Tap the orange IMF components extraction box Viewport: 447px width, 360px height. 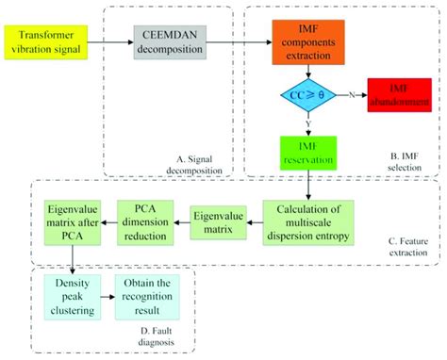pyautogui.click(x=310, y=42)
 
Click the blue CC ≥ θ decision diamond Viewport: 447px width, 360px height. pyautogui.click(x=310, y=97)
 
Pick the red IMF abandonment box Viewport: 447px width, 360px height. pyautogui.click(x=401, y=97)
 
